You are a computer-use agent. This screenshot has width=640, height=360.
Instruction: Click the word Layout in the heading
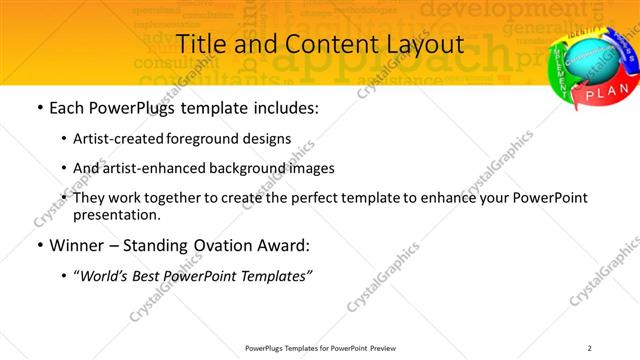(421, 45)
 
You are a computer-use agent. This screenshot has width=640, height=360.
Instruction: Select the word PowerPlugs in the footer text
(269, 348)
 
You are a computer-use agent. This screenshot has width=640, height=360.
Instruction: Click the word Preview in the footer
(388, 348)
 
